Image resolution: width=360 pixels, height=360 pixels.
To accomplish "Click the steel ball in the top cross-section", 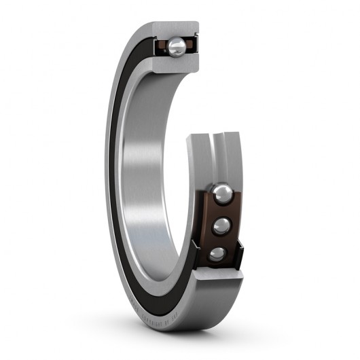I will tap(176, 46).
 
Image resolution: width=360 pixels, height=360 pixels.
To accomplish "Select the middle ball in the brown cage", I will tap(221, 226).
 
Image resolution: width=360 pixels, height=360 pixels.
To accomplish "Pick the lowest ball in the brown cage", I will tap(217, 254).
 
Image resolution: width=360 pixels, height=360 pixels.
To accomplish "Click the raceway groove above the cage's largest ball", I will tap(218, 160).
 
